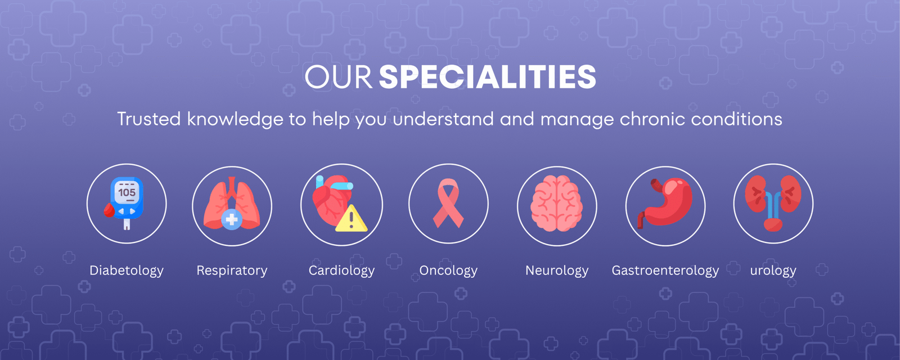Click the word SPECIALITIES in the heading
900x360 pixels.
487,76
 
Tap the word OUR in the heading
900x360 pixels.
338,76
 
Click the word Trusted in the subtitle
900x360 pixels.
149,119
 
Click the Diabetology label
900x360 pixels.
127,271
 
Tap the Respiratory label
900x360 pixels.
232,271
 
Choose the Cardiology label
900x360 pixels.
341,271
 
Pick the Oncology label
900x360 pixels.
448,271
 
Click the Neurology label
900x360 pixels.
557,271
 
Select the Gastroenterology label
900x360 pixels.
665,271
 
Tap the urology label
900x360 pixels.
773,271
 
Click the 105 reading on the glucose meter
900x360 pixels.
127,192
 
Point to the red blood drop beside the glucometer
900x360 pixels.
109,210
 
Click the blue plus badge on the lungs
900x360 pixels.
231,219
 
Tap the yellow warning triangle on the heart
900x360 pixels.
351,219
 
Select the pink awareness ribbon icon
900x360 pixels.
448,203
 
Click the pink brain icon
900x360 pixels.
557,204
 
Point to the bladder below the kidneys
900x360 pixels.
773,224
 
